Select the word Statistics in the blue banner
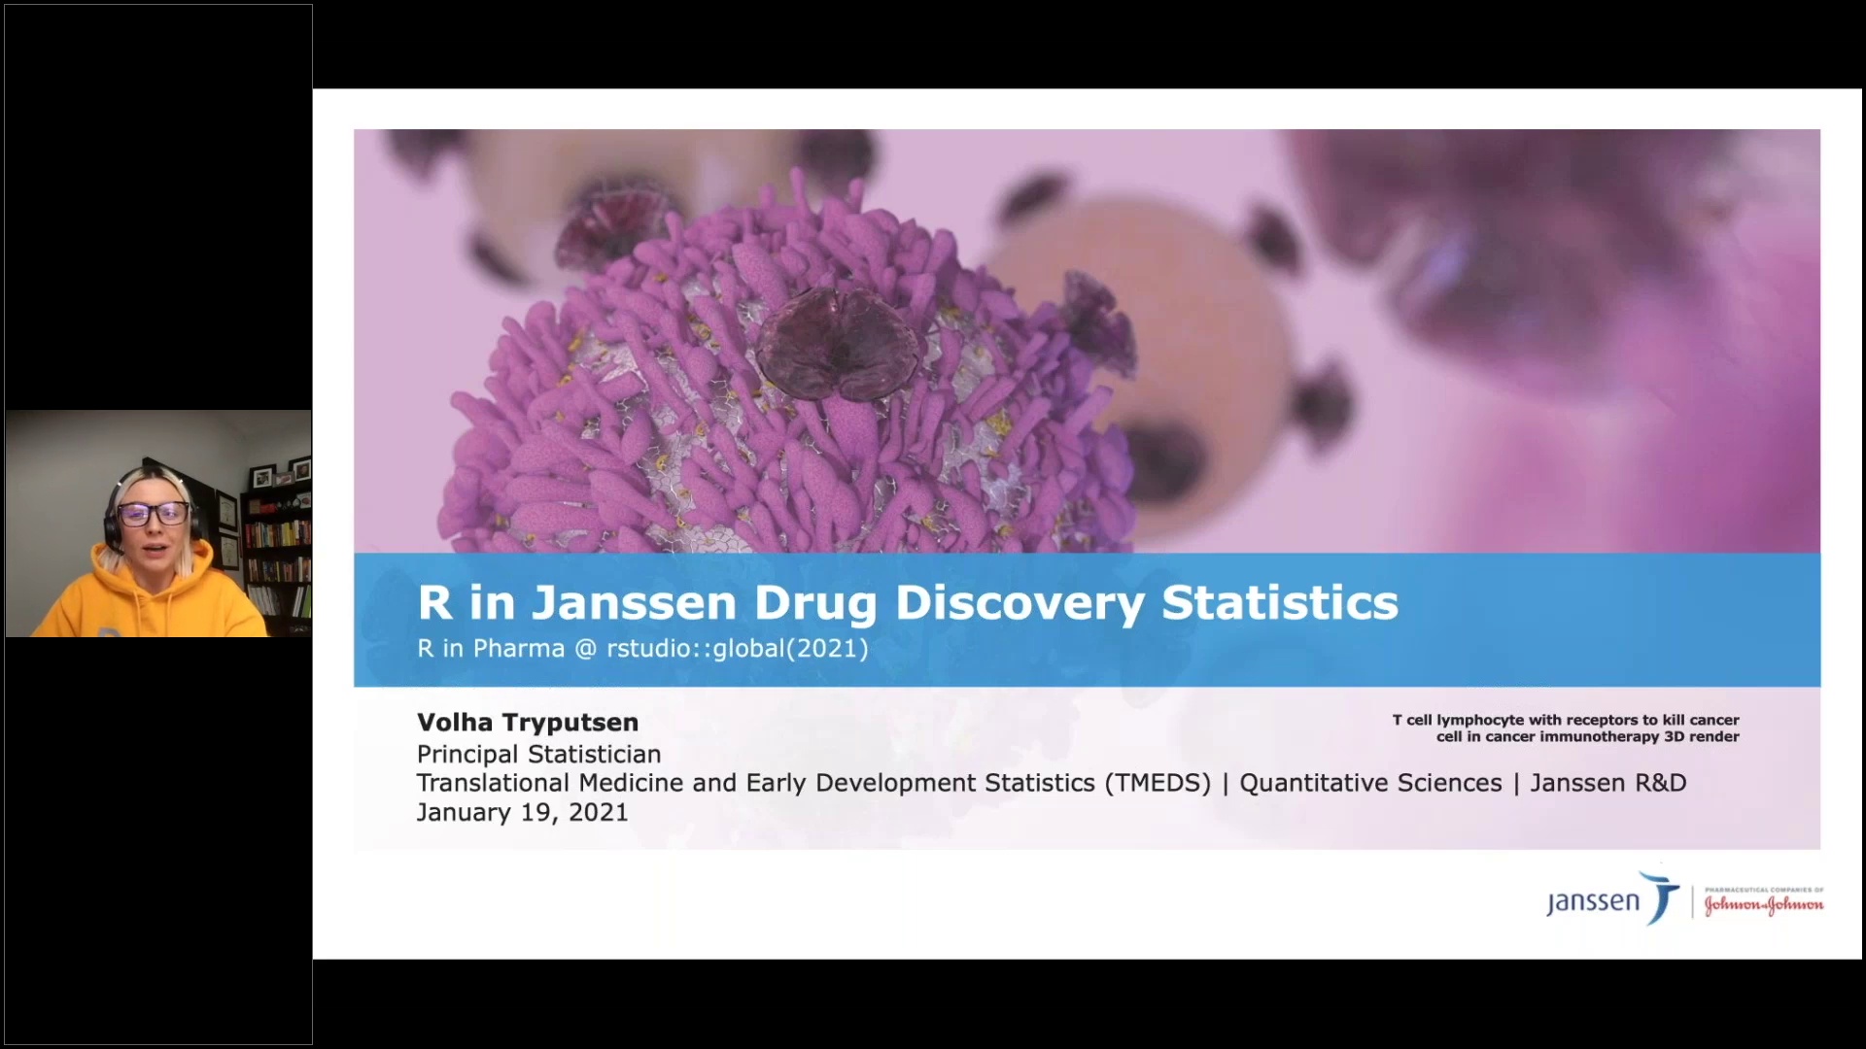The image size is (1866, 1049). tap(1280, 602)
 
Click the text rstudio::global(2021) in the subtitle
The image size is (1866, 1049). tap(737, 648)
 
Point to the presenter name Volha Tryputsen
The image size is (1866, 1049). tap(528, 723)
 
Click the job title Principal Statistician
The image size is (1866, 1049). tap(538, 754)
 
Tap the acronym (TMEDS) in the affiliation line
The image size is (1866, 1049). tap(1158, 783)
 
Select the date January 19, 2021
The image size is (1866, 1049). tap(522, 812)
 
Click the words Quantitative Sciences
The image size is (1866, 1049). tap(1370, 783)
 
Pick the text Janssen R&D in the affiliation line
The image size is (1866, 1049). tap(1608, 783)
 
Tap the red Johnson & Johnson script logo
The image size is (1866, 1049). tap(1763, 904)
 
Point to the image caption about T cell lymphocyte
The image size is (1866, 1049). tap(1566, 728)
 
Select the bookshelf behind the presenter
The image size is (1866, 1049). tap(277, 544)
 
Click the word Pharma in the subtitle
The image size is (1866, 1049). tap(518, 648)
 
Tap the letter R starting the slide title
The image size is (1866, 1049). tap(434, 602)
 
